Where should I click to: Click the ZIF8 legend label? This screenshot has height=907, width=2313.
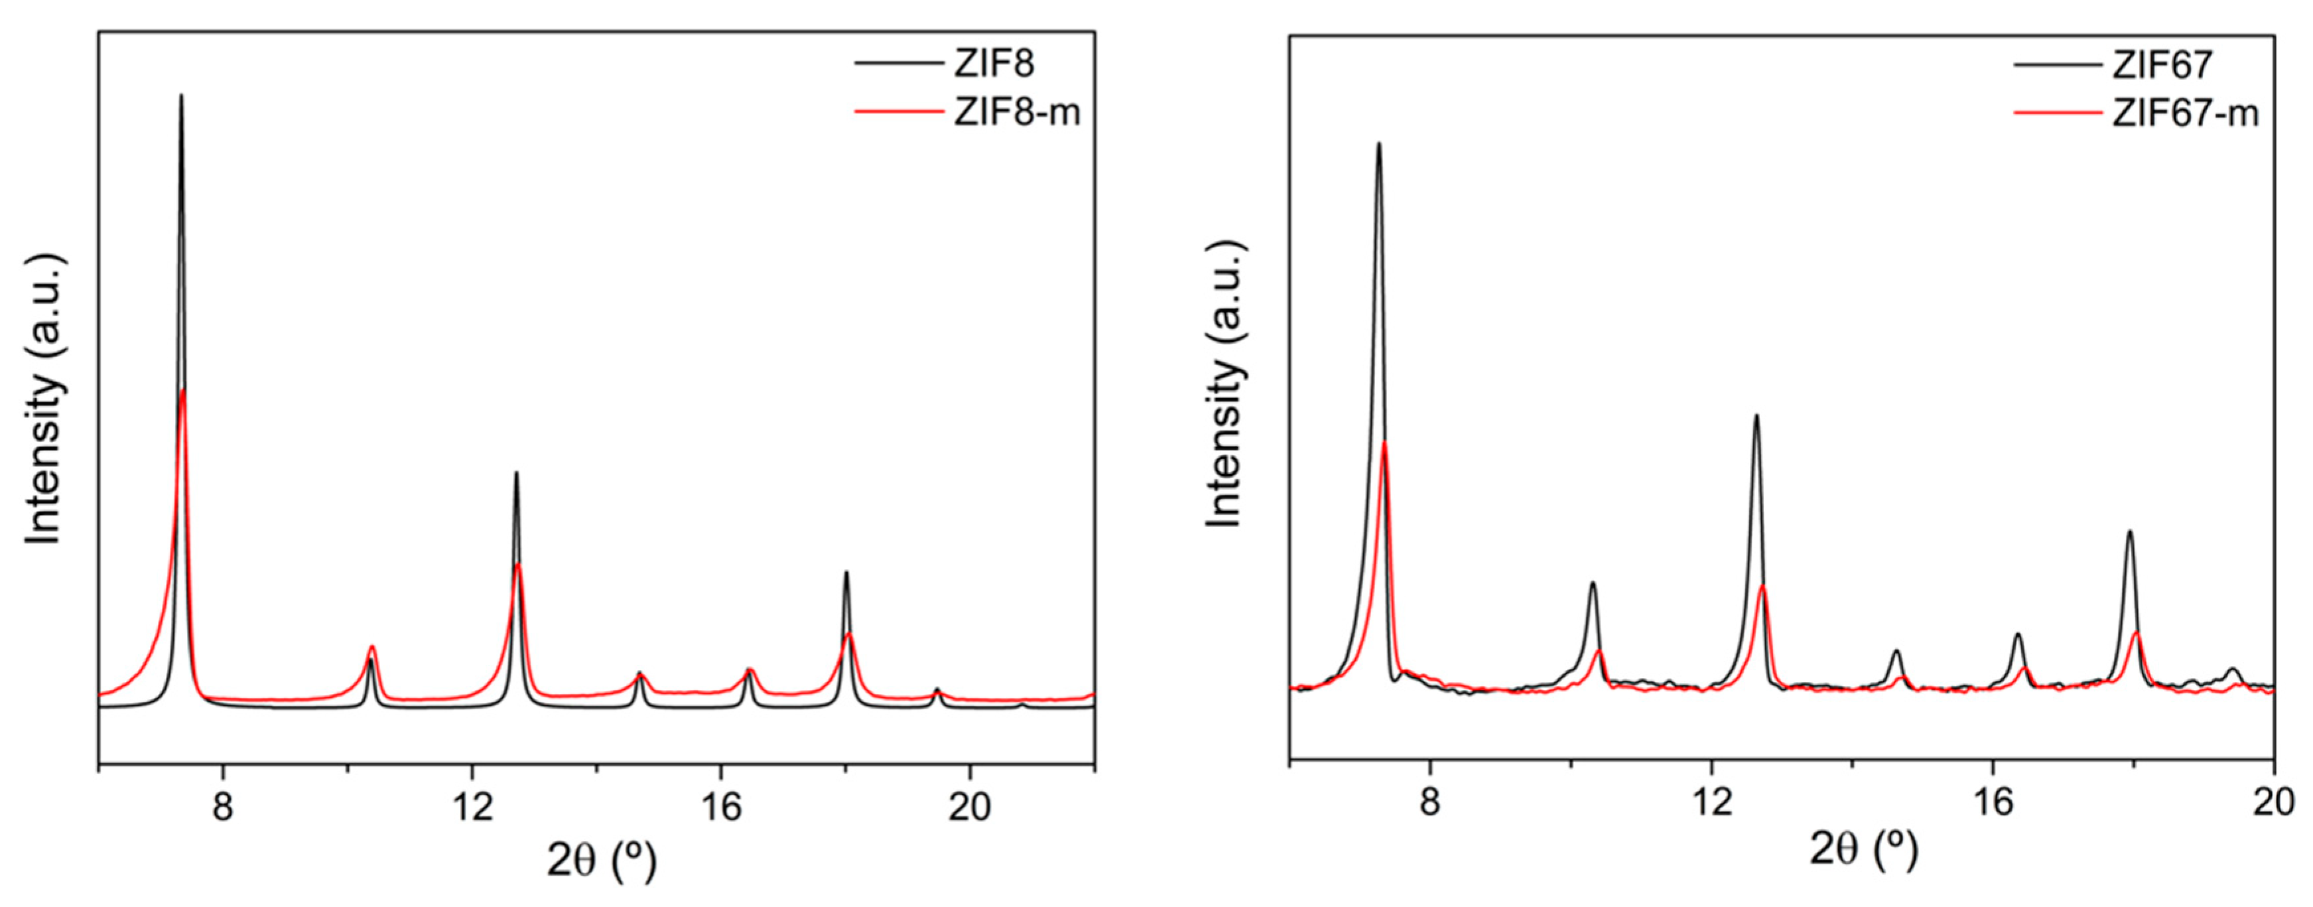pos(993,64)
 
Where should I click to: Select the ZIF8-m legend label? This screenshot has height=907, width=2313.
pos(1016,113)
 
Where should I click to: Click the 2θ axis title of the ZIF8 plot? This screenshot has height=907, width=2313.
pos(602,861)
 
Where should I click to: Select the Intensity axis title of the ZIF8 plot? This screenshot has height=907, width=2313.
pos(45,399)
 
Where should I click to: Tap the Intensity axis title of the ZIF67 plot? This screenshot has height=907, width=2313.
pos(1224,384)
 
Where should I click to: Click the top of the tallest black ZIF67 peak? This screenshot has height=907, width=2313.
pos(1378,144)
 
